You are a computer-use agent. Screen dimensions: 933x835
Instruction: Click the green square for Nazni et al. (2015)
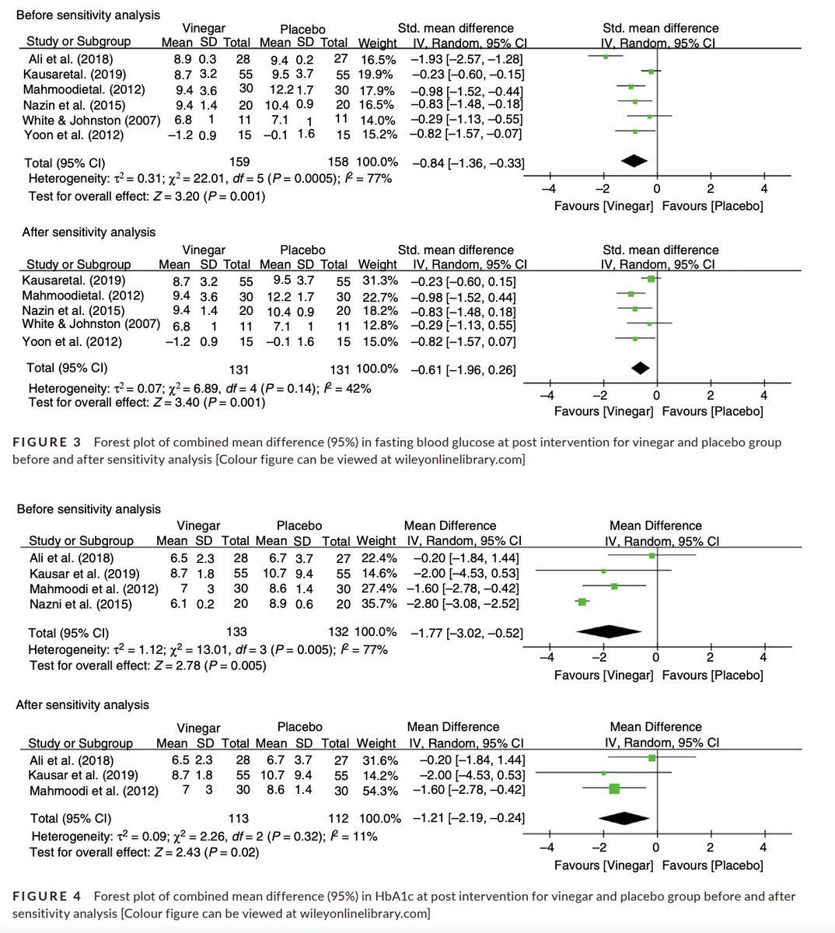point(582,602)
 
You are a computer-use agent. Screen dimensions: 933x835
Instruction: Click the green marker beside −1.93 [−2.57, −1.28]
point(606,56)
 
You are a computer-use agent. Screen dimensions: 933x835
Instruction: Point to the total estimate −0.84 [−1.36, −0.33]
point(467,163)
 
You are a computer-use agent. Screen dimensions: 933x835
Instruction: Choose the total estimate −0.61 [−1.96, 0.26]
point(463,369)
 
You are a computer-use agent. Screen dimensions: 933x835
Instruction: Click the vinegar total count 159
point(240,162)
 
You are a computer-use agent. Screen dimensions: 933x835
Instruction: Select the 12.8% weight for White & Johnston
point(380,325)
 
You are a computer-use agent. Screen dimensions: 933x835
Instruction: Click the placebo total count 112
point(340,818)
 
